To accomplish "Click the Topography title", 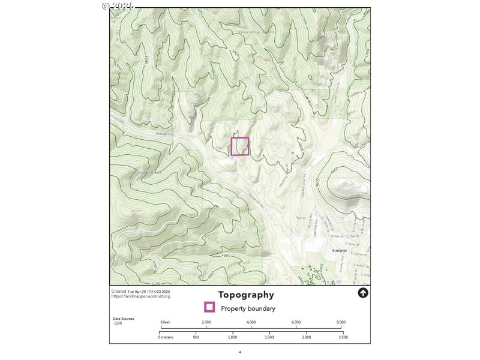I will pyautogui.click(x=246, y=295).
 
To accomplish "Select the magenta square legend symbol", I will pyautogui.click(x=209, y=308).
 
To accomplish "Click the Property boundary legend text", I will pyautogui.click(x=248, y=308).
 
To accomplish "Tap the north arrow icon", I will pyautogui.click(x=362, y=293).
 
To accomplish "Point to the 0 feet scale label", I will pyautogui.click(x=166, y=322).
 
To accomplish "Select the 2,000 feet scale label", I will pyautogui.click(x=206, y=322).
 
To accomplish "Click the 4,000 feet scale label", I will pyautogui.click(x=251, y=322).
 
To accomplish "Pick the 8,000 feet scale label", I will pyautogui.click(x=341, y=322).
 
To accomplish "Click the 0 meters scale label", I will pyautogui.click(x=166, y=337).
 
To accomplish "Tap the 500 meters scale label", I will pyautogui.click(x=196, y=337).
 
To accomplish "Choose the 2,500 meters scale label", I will pyautogui.click(x=342, y=337).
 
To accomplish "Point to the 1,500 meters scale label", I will pyautogui.click(x=269, y=337).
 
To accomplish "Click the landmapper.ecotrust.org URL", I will pyautogui.click(x=141, y=296).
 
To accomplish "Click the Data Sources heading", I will pyautogui.click(x=123, y=319).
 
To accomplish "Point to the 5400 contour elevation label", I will pyautogui.click(x=124, y=229).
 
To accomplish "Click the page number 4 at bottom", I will pyautogui.click(x=239, y=352).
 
